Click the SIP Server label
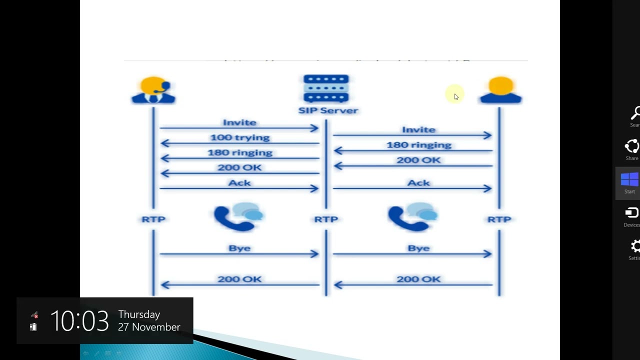coord(328,110)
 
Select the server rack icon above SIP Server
coord(326,88)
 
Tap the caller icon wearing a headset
coord(153,90)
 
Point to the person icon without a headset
coord(500,90)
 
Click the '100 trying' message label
coord(239,137)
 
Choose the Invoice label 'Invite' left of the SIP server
coord(239,122)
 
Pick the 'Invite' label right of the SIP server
coord(418,130)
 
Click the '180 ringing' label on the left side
coord(239,152)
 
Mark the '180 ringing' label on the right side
coord(418,145)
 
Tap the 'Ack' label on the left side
coord(239,183)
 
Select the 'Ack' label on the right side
coord(418,183)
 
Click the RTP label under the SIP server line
coord(326,219)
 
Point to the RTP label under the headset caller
coord(153,219)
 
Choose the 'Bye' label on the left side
coord(239,248)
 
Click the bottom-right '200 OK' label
coord(418,279)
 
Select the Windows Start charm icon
coord(629,179)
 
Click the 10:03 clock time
coord(79,321)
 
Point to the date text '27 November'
coord(149,327)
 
